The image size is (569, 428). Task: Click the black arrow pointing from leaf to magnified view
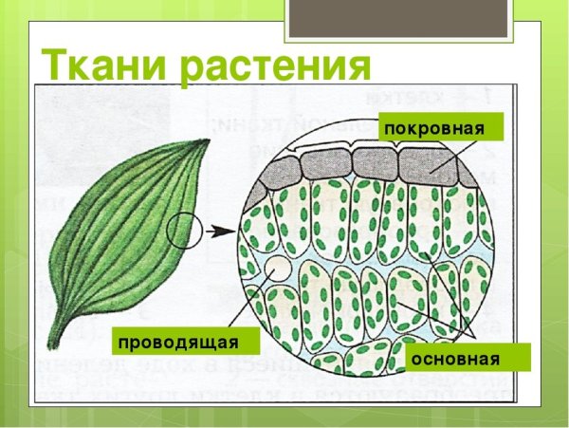(219, 230)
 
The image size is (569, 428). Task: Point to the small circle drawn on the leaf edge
(184, 230)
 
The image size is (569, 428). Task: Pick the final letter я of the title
(354, 68)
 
